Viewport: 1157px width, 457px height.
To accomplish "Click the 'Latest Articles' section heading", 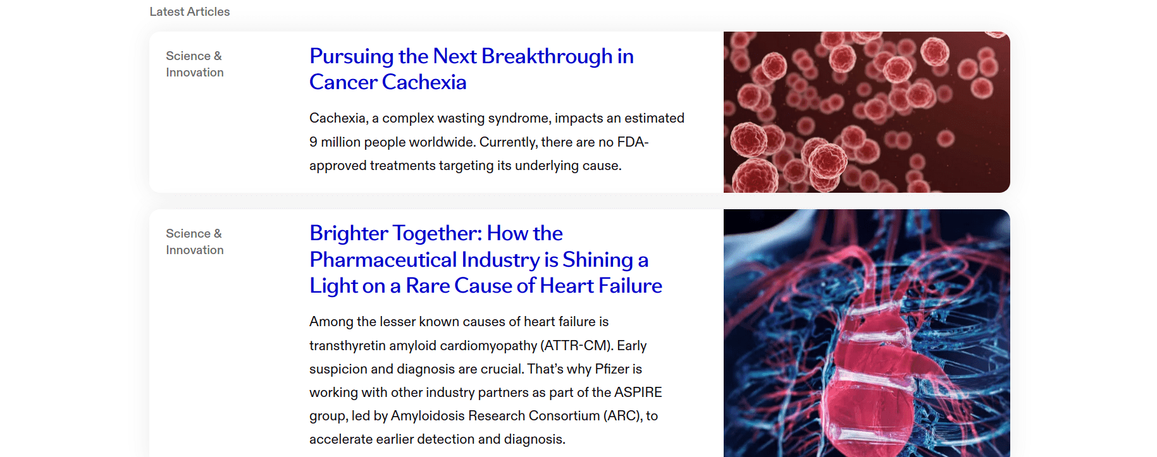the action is point(190,12).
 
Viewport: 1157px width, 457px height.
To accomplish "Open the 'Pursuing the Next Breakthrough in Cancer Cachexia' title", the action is point(471,69).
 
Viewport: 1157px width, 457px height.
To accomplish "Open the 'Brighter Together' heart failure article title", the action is point(486,260).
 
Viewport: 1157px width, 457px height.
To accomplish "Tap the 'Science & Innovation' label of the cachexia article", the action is point(195,64).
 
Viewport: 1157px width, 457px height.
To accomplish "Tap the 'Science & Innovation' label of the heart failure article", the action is point(195,242).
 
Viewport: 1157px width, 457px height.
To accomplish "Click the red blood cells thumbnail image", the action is point(867,112).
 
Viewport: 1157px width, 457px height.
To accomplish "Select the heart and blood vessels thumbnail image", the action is point(867,333).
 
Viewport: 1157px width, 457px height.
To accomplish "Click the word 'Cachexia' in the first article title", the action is point(424,82).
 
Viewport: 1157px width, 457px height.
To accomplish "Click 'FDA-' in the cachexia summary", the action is point(633,142).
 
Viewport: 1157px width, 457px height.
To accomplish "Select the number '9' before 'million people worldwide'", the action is point(313,142).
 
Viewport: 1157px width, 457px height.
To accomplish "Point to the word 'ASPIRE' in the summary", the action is point(638,393).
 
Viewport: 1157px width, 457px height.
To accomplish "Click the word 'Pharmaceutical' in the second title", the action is point(383,260).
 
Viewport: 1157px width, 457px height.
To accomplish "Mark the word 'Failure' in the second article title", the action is point(630,286).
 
